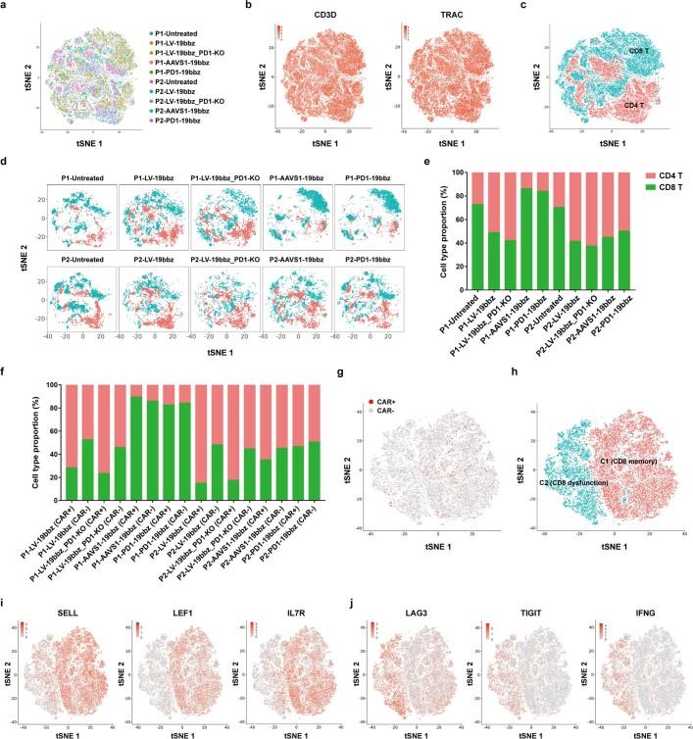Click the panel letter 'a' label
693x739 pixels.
pos(5,6)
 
